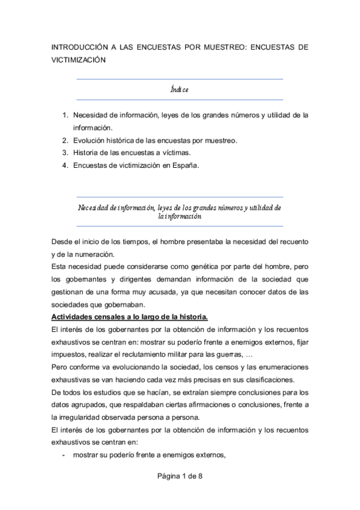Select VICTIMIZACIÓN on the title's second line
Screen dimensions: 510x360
tap(79, 60)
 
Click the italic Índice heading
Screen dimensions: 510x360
tap(180, 90)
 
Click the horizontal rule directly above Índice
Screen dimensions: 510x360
tap(180, 79)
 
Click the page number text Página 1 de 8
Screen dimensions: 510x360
tap(180, 477)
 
